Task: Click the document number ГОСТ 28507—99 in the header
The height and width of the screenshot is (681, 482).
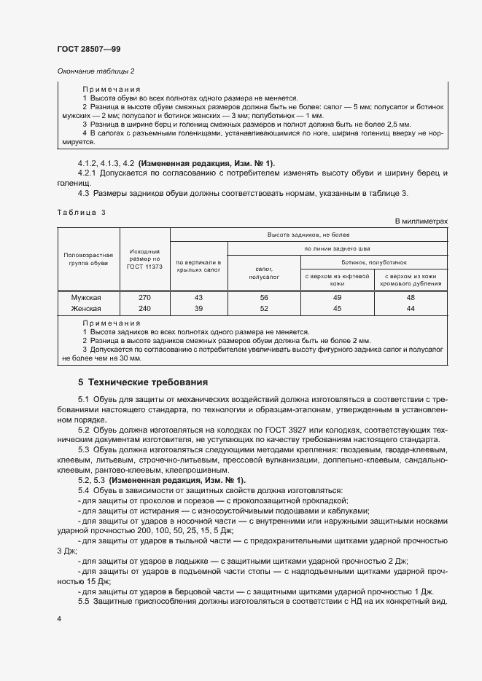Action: tap(89, 49)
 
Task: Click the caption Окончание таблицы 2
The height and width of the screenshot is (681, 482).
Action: tap(96, 71)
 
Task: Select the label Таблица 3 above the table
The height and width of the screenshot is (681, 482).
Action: tap(82, 211)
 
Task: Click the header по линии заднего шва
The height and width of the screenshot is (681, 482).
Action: tap(338, 248)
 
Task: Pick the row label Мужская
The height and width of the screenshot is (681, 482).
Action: tap(85, 298)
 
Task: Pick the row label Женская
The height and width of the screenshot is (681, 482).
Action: tap(85, 308)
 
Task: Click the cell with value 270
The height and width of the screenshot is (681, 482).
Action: tap(144, 298)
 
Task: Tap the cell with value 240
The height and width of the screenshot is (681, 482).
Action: tap(144, 308)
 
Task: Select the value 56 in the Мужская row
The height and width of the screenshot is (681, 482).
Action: tap(264, 298)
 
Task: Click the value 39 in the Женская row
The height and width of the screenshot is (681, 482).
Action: tap(198, 308)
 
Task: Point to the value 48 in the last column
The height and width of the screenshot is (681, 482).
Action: tap(411, 298)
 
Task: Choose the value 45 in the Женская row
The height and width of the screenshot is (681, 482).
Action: tap(337, 308)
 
